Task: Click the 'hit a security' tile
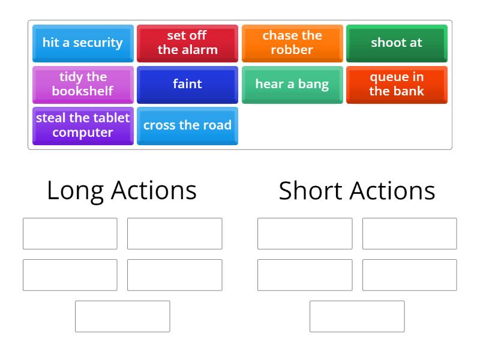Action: [x=83, y=43]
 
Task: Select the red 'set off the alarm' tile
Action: [x=187, y=43]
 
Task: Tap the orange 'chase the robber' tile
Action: [x=292, y=43]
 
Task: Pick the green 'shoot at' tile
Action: [x=397, y=43]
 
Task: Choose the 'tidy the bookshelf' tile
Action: [x=83, y=84]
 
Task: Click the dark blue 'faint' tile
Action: [x=187, y=84]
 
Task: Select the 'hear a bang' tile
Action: [x=292, y=84]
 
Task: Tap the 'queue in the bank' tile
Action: [x=397, y=84]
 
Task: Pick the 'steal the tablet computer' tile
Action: [x=83, y=125]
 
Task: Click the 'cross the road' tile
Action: [x=187, y=125]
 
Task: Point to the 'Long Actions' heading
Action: [x=122, y=191]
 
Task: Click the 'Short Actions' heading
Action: [x=357, y=191]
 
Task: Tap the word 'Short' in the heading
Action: [x=310, y=191]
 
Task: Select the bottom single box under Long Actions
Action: [x=122, y=316]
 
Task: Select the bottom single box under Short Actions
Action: [x=357, y=316]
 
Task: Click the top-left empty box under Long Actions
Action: [x=70, y=233]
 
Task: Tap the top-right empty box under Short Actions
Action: [x=409, y=233]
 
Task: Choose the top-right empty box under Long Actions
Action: [x=175, y=233]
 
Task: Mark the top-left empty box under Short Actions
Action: [x=305, y=233]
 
